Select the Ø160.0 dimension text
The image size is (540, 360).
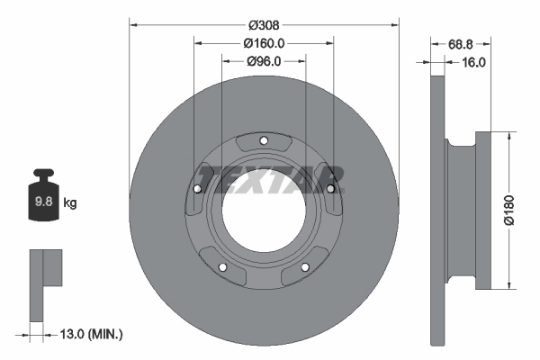[264, 43]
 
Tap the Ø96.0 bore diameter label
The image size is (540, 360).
[264, 61]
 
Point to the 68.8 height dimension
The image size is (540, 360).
[461, 43]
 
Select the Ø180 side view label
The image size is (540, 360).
[509, 210]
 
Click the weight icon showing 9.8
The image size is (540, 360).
[42, 200]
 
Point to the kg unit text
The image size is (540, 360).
[70, 203]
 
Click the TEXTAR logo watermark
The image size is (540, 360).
[270, 178]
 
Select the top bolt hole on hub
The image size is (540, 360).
[264, 140]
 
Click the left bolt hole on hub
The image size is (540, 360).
[197, 188]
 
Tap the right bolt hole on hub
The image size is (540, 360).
[330, 188]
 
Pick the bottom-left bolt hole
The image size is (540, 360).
[222, 266]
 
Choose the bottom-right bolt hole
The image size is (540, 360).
[305, 266]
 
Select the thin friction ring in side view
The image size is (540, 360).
[437, 210]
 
